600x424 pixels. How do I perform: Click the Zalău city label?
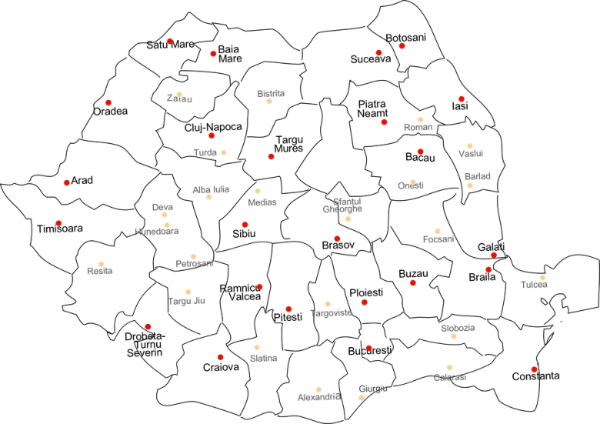coord(179,99)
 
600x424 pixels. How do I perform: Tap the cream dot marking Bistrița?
coord(269,101)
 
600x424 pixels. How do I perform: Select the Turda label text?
coord(205,152)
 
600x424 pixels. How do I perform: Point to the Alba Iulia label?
coord(210,189)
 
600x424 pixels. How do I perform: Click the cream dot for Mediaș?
coord(258,191)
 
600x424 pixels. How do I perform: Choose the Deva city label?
coord(162,207)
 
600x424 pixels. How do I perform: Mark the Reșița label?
coord(100,271)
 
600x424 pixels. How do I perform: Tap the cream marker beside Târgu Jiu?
coord(188,292)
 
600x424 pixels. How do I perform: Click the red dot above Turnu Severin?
coord(148,326)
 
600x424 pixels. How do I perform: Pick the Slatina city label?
coord(263,359)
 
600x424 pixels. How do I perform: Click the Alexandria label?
coord(318,398)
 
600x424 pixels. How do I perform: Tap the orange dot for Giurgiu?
coord(362,398)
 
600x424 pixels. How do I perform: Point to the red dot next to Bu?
coord(368,347)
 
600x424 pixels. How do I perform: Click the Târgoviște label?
coord(331,313)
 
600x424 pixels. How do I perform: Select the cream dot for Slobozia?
coord(454,336)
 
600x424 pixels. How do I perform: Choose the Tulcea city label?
coord(535,285)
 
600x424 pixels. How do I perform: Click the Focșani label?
coord(438,239)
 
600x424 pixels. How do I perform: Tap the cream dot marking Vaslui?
coord(469,146)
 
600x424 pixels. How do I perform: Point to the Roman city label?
coord(418,127)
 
